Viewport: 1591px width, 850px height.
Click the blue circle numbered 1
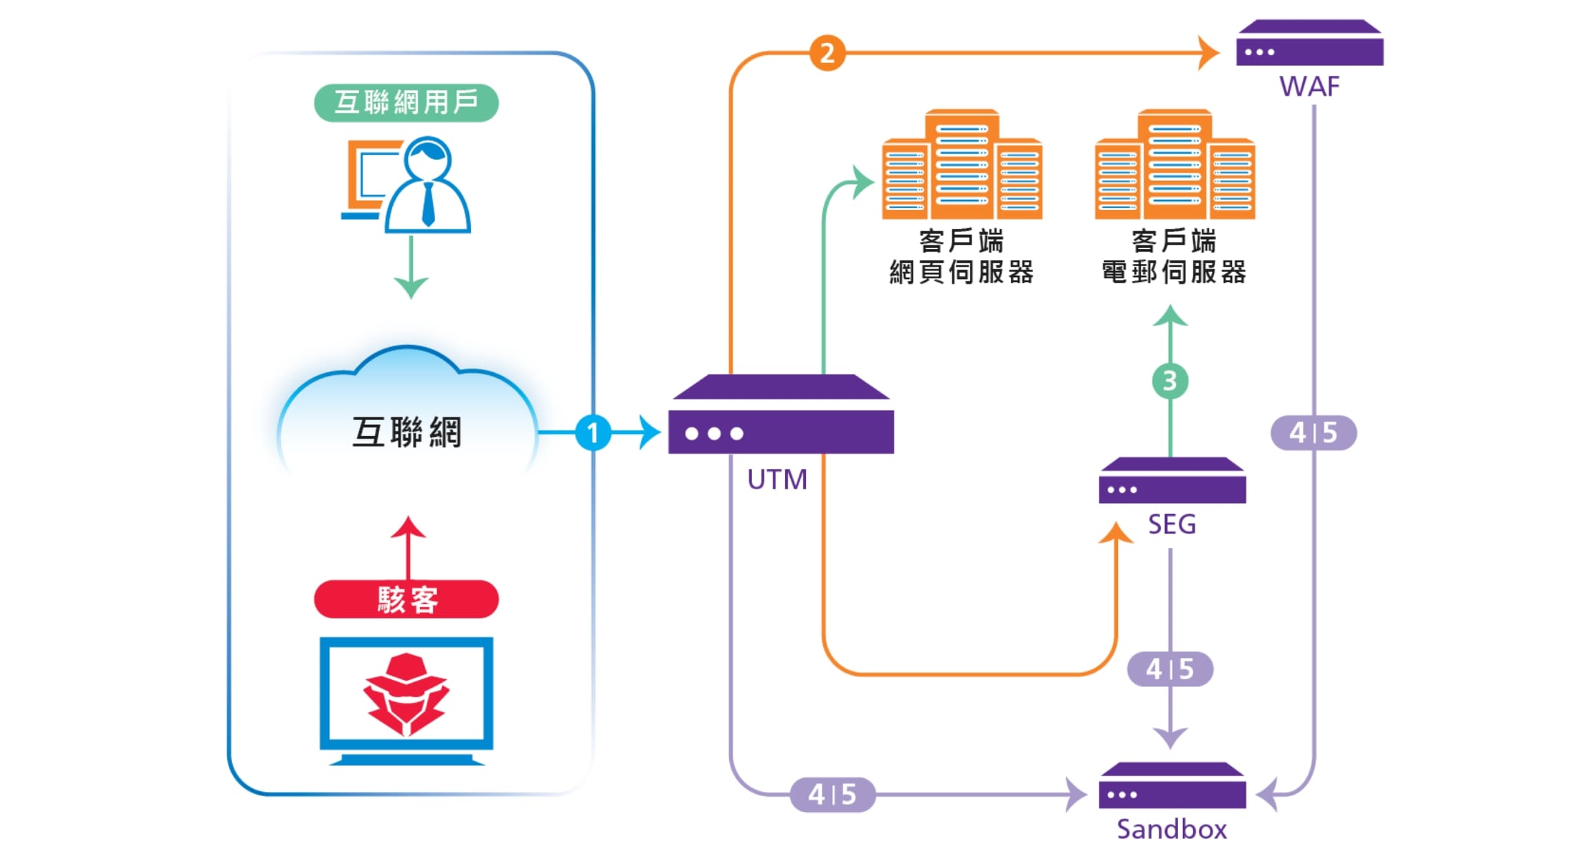pos(592,433)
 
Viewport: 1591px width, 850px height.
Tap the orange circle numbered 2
pos(827,53)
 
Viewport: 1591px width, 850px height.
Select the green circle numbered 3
pos(1170,381)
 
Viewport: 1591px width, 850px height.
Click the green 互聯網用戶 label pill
pos(406,102)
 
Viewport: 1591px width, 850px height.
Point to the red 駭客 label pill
pos(406,599)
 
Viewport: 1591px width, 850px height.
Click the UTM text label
pos(777,480)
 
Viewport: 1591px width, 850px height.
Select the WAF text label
pos(1309,87)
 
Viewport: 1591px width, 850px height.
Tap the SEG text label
pos(1172,525)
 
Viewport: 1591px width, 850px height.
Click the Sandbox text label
pos(1172,829)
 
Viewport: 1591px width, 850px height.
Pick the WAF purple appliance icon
pos(1309,44)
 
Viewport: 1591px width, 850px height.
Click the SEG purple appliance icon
pos(1172,481)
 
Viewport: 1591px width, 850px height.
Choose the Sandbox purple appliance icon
pos(1172,786)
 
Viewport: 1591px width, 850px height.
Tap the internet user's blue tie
pos(428,204)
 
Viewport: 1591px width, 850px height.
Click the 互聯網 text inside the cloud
pos(406,433)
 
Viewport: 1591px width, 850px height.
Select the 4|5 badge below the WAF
pos(1313,433)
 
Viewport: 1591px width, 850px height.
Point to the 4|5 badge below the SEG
pos(1170,669)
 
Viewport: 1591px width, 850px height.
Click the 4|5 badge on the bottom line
pos(832,795)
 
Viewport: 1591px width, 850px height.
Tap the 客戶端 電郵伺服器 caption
pos(1174,256)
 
